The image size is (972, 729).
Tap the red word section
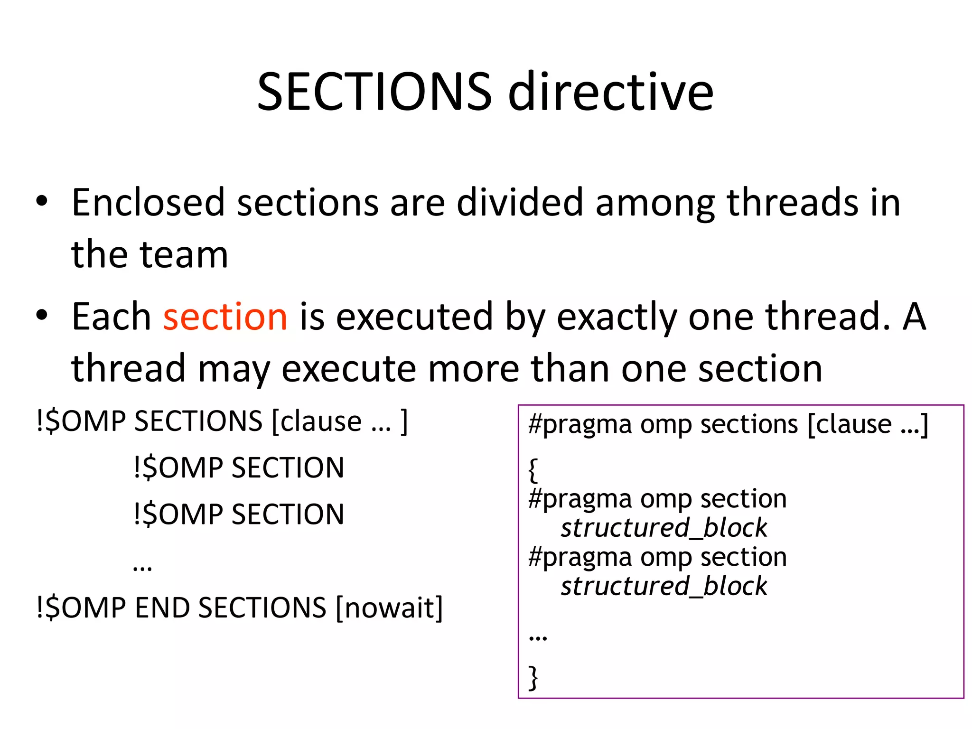pyautogui.click(x=225, y=317)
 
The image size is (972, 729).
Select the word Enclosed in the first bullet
pyautogui.click(x=148, y=203)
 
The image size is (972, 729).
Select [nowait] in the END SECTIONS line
pyautogui.click(x=389, y=607)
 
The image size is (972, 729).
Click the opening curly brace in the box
pyautogui.click(x=533, y=470)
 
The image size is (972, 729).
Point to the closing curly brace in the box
pyautogui.click(x=533, y=677)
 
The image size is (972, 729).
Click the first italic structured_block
pyautogui.click(x=664, y=528)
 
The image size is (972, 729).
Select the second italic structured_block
pyautogui.click(x=664, y=586)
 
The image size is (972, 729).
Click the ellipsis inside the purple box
pyautogui.click(x=538, y=636)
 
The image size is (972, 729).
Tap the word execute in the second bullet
pyautogui.click(x=349, y=369)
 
